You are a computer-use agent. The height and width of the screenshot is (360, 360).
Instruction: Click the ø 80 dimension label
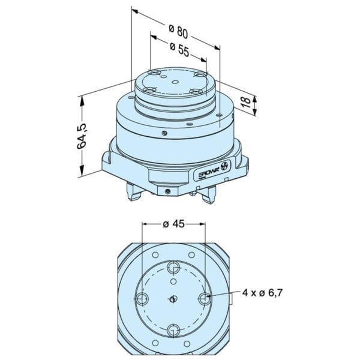178,31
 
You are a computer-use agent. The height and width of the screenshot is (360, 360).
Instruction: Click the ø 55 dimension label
179,49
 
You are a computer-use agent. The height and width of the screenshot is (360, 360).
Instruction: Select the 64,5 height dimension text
82,136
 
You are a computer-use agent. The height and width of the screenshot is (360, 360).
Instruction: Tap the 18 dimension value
246,102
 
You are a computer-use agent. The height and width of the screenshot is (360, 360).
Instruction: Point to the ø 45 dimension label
173,224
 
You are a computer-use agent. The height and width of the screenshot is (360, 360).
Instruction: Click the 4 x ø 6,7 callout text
262,293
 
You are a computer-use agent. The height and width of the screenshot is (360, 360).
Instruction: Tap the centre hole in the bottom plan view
173,299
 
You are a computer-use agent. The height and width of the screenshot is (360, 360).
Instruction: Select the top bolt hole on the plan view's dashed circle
173,267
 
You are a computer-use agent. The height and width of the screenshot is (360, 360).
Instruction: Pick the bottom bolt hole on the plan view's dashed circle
173,331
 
